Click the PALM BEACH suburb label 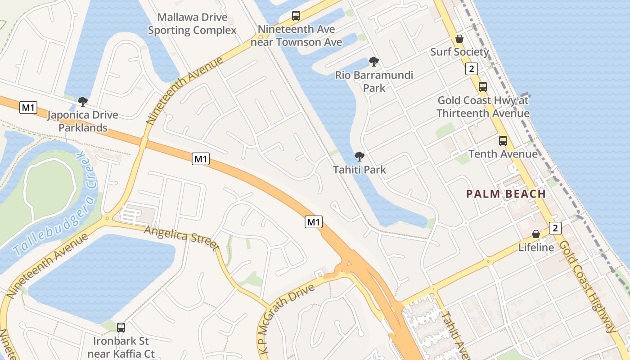pyautogui.click(x=506, y=194)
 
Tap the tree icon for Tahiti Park pyautogui.click(x=359, y=157)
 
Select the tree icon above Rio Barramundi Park pyautogui.click(x=373, y=62)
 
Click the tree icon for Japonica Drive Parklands pyautogui.click(x=82, y=102)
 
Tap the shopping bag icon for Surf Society pyautogui.click(x=459, y=39)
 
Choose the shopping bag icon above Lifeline pyautogui.click(x=536, y=234)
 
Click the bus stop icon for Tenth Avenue pyautogui.click(x=503, y=141)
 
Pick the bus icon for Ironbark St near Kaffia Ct pyautogui.click(x=121, y=328)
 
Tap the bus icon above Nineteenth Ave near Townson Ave pyautogui.click(x=296, y=16)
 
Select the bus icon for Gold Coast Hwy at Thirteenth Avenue pyautogui.click(x=482, y=87)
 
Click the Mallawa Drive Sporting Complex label pyautogui.click(x=192, y=24)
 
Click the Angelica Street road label pyautogui.click(x=181, y=237)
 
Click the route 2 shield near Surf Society pyautogui.click(x=471, y=69)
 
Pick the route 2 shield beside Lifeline pyautogui.click(x=555, y=228)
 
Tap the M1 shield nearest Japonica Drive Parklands pyautogui.click(x=29, y=108)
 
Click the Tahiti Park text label pyautogui.click(x=360, y=170)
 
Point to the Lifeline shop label pyautogui.click(x=536, y=247)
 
